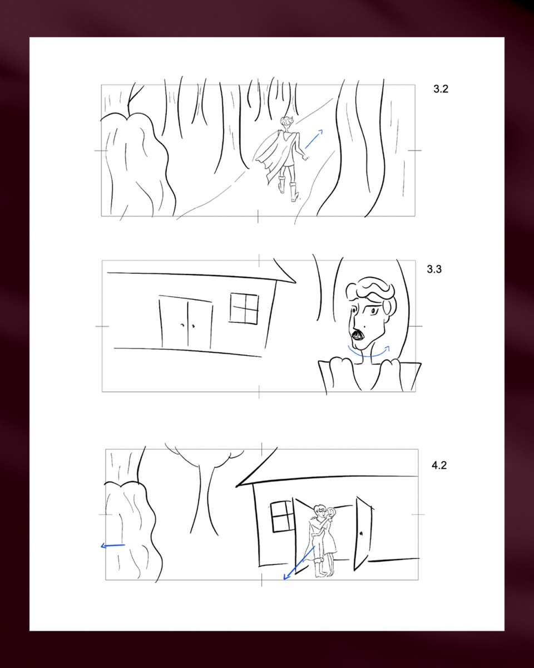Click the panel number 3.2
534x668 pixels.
[x=441, y=89]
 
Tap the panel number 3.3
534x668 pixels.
[x=434, y=269]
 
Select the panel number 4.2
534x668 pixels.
[x=439, y=465]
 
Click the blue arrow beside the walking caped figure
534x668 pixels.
[x=314, y=139]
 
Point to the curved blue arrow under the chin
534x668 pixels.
[x=369, y=355]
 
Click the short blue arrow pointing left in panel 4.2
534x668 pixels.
[x=113, y=546]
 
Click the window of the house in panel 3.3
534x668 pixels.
[x=244, y=308]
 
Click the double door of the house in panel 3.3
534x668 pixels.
[x=186, y=322]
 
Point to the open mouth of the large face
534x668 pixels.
[x=357, y=335]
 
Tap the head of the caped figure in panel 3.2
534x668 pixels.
[x=286, y=122]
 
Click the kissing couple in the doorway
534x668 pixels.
[x=323, y=542]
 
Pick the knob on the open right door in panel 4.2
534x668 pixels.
[x=361, y=534]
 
